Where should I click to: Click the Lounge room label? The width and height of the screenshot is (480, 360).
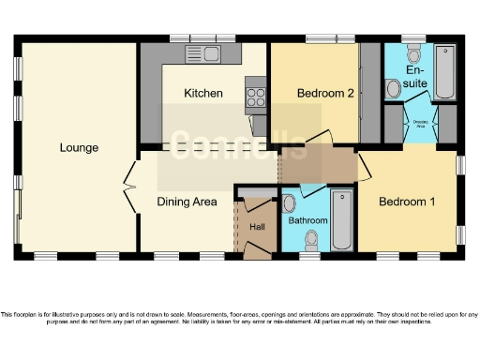pos(79,147)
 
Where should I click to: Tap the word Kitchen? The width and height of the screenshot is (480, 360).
pos(202,94)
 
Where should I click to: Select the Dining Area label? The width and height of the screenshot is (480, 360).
pos(186,202)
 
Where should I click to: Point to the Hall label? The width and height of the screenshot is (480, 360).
pos(258,227)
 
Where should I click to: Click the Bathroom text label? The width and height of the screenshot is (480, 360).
pos(307,221)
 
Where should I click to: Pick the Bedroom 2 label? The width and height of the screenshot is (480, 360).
pos(324,94)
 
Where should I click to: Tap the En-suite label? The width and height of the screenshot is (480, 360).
pos(417,77)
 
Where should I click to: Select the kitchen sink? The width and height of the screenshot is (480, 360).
pos(202,54)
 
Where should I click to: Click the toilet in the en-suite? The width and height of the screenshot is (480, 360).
pos(393,89)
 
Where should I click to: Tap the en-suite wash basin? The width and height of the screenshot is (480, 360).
pos(414,51)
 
